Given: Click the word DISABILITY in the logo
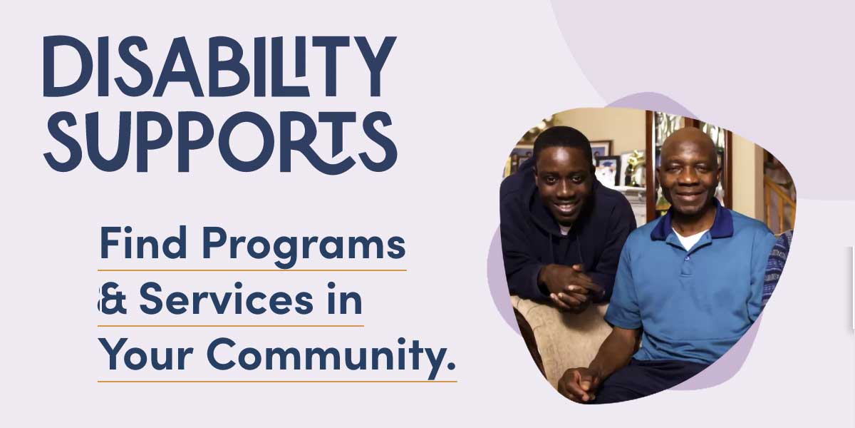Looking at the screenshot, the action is point(219,66).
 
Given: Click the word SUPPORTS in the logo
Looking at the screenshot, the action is point(220,143).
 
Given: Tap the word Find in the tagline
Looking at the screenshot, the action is point(143,243).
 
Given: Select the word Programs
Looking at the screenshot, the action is point(304,247).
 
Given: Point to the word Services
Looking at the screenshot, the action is point(227,298).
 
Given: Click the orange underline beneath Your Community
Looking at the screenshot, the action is point(277,382).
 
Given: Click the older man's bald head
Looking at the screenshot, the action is point(689,147).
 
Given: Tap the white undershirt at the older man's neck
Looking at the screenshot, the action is point(690,239).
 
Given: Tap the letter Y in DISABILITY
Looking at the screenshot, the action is point(375,66).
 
